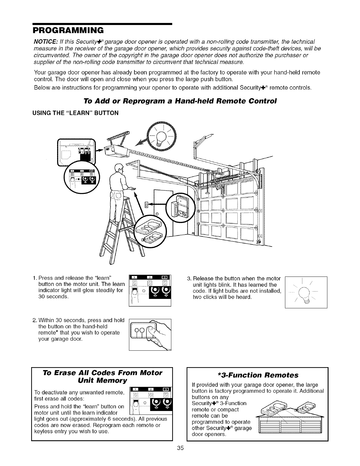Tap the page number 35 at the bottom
click(x=180, y=448)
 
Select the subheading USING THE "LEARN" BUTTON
click(x=76, y=113)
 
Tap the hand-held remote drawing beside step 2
click(x=150, y=334)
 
